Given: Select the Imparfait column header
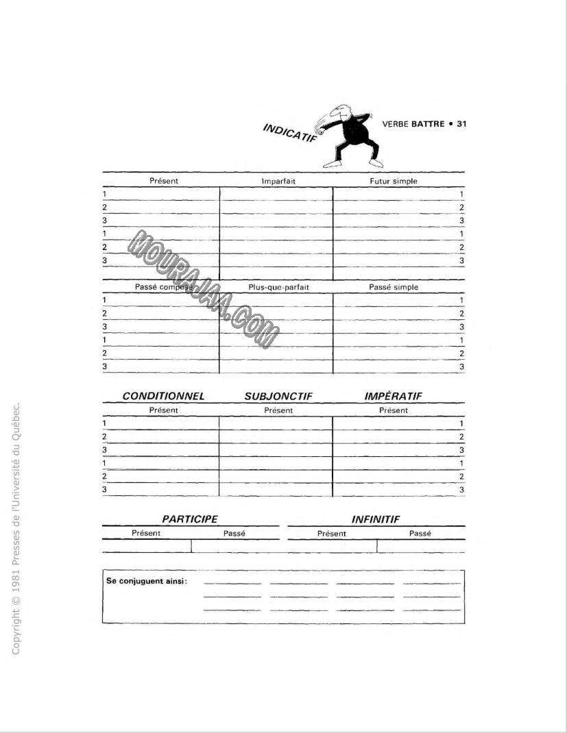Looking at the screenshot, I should tap(278, 181).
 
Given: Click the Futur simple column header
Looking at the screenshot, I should tap(393, 181).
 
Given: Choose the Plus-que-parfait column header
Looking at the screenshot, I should tap(278, 287).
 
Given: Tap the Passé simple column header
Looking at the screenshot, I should tap(393, 287).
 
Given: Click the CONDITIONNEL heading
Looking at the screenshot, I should tap(163, 396).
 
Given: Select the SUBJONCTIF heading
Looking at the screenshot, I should tap(278, 396).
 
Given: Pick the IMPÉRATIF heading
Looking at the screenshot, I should tap(393, 396).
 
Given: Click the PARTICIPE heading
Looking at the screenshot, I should tap(189, 519).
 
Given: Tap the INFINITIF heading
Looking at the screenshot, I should tap(375, 519).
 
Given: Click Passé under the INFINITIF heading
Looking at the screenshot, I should tap(420, 533).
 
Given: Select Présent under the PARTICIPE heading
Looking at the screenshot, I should tap(146, 533).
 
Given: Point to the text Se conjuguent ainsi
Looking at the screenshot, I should tap(147, 581).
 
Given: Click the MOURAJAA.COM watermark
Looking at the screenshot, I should tap(204, 288).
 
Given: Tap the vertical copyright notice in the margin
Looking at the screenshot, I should tap(18, 527).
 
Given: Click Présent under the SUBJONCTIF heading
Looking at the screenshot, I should tap(278, 410).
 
